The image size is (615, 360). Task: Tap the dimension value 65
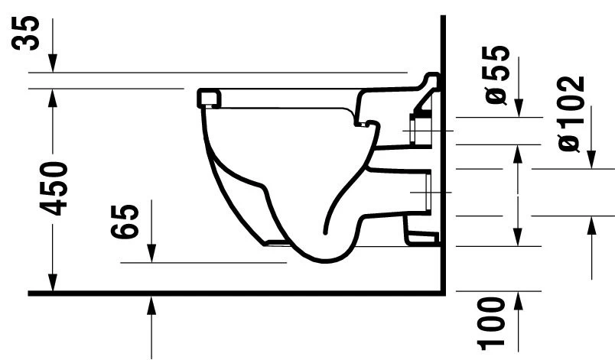(129, 221)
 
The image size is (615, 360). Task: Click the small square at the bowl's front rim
(208, 98)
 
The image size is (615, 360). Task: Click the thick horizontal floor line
(229, 293)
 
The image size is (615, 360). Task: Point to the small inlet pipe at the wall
(420, 131)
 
